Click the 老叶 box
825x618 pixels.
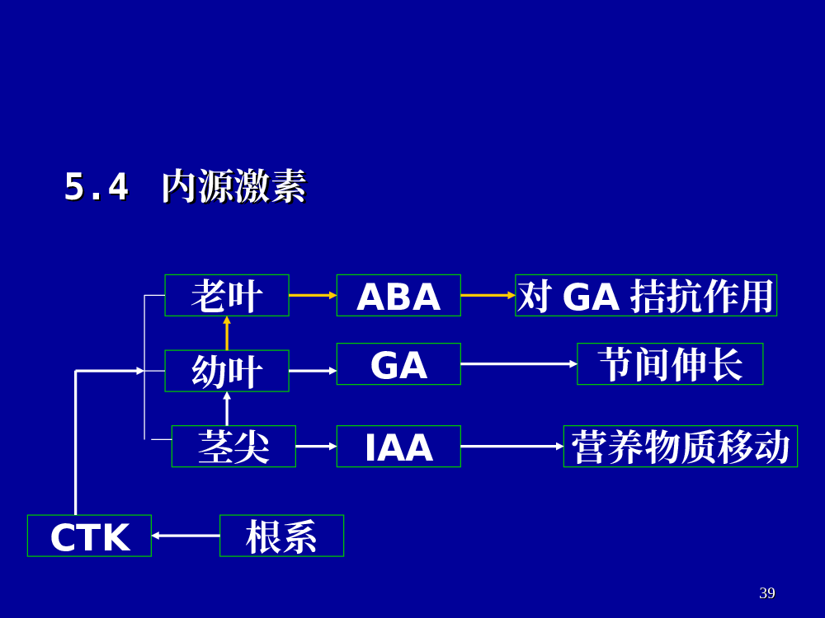(227, 295)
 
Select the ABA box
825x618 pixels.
(398, 295)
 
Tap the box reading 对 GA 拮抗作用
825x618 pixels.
(646, 295)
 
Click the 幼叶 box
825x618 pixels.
(227, 371)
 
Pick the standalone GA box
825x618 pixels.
(398, 364)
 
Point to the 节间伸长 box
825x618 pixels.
(670, 364)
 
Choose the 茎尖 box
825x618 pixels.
(233, 446)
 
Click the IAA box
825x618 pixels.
(398, 446)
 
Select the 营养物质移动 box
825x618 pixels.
(681, 446)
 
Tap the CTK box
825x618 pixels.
(89, 536)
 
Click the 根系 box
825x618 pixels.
(281, 536)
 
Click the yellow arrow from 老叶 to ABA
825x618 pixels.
(313, 295)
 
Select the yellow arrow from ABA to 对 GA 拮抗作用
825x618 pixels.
(488, 295)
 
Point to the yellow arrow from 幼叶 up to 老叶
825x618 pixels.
(227, 333)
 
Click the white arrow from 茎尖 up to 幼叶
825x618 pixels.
(227, 409)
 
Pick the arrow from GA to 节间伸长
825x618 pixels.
(519, 363)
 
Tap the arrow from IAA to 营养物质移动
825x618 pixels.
(512, 446)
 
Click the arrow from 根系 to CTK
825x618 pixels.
(186, 536)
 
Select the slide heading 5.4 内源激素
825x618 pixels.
(185, 186)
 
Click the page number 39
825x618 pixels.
(767, 592)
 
